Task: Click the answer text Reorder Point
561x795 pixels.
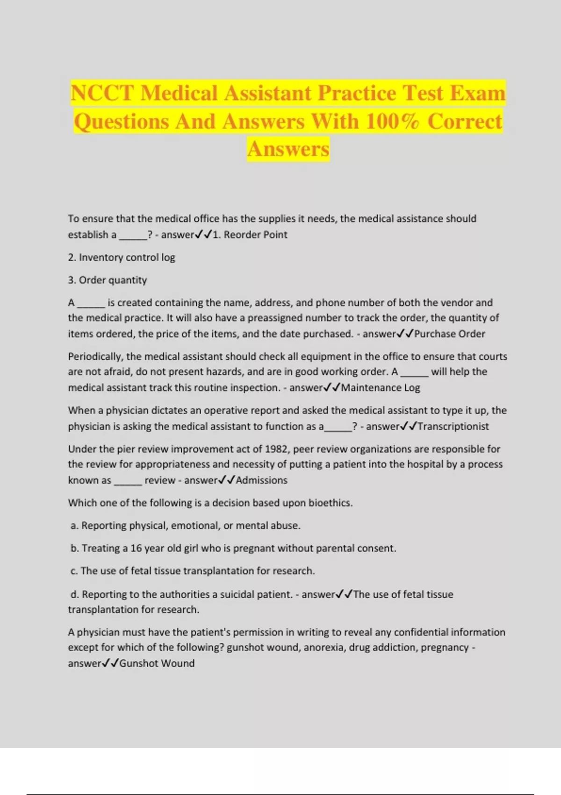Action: (255, 235)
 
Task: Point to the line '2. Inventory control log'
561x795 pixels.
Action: (122, 258)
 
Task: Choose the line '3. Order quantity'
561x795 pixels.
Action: (108, 280)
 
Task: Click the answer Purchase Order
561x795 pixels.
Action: (449, 334)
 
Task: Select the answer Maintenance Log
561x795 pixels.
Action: (381, 388)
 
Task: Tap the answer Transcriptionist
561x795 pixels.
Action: (453, 426)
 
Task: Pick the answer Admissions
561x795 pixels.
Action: (261, 480)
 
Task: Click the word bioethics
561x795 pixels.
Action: (330, 503)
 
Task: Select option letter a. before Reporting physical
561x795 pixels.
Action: (74, 526)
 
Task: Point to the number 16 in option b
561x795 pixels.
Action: (136, 548)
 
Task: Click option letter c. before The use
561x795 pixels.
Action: (74, 571)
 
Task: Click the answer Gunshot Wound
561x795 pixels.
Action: (157, 664)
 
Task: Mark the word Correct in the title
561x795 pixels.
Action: (465, 122)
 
